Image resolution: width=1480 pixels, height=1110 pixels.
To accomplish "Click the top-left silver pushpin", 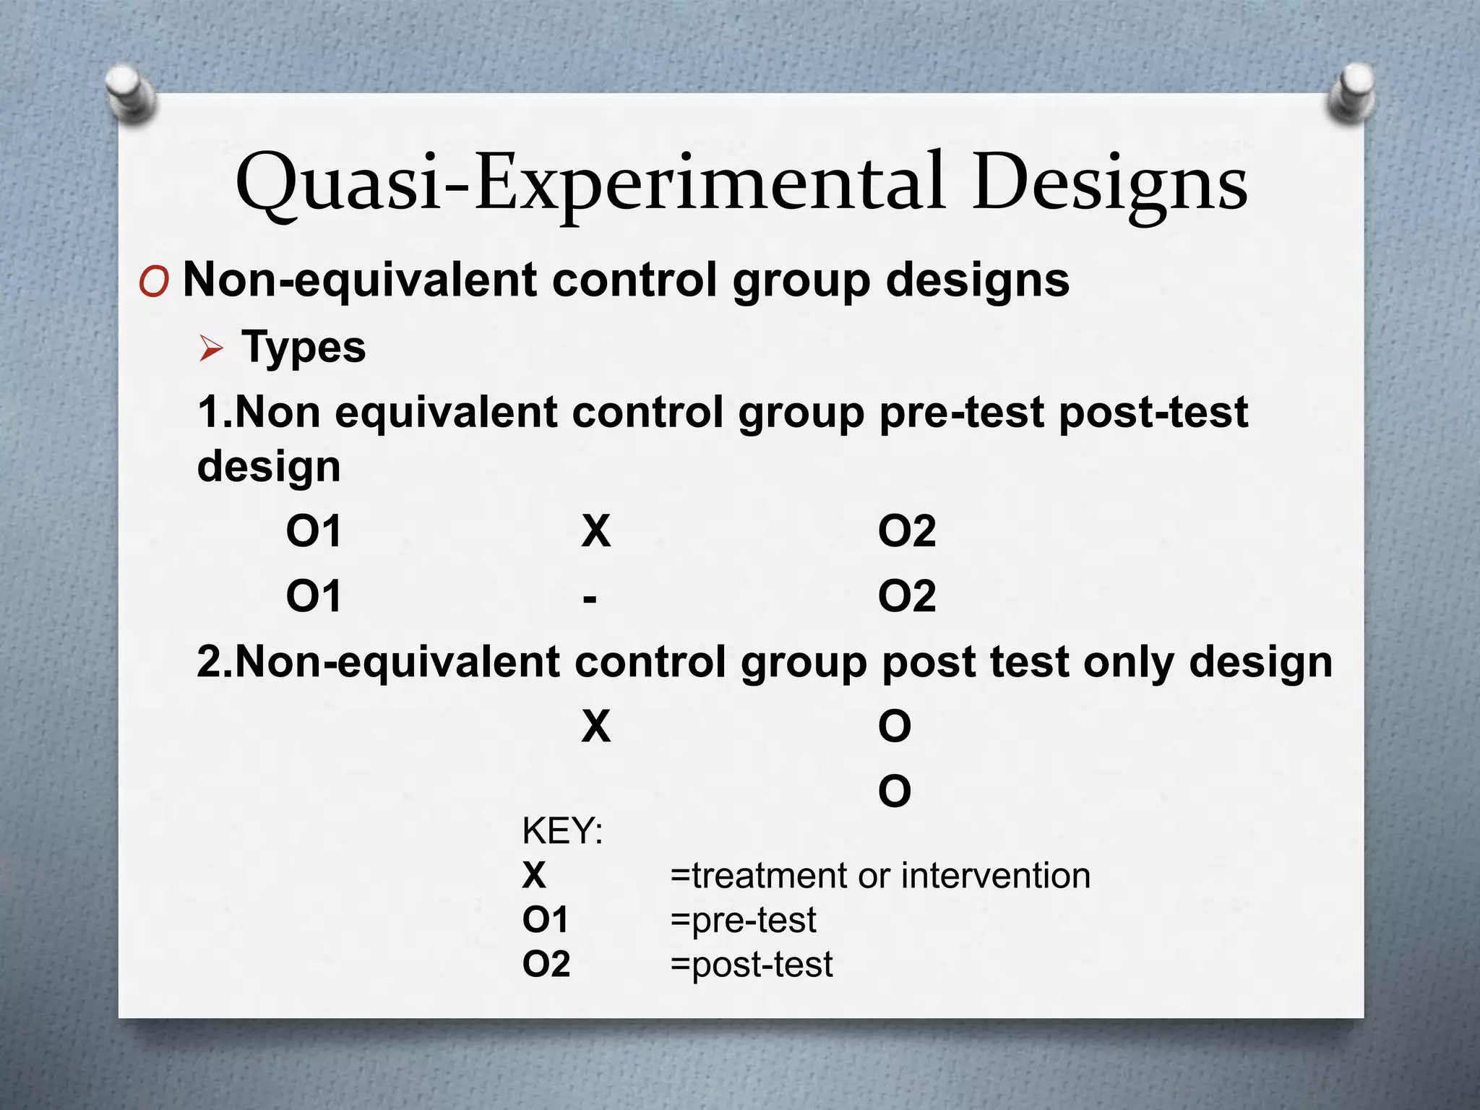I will coord(129,92).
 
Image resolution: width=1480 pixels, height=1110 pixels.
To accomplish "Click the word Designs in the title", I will coord(1109,182).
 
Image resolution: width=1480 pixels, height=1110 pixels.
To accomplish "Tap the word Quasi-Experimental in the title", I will coord(590,182).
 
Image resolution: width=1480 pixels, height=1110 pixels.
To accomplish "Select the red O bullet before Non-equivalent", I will coord(153,282).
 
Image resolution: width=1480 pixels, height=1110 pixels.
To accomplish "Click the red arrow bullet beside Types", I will coord(211,350).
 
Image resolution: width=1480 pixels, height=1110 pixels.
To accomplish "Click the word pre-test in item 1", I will coord(963,413).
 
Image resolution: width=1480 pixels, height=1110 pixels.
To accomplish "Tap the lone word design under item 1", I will coord(269,467).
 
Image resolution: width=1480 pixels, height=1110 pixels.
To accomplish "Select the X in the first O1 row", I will coord(596,532).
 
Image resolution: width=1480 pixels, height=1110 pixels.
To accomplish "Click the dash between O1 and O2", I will coord(590,598).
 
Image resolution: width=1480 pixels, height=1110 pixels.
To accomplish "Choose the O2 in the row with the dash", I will coord(907,597).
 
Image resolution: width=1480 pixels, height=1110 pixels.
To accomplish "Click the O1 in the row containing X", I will coord(313,532).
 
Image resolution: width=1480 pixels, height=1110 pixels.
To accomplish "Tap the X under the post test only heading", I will coord(596,727).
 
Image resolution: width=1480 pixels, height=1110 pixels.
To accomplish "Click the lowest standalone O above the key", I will coord(895,792).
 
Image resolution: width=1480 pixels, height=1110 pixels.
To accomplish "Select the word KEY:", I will coord(562,831).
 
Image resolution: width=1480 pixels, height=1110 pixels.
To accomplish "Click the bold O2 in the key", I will coord(546,964).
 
